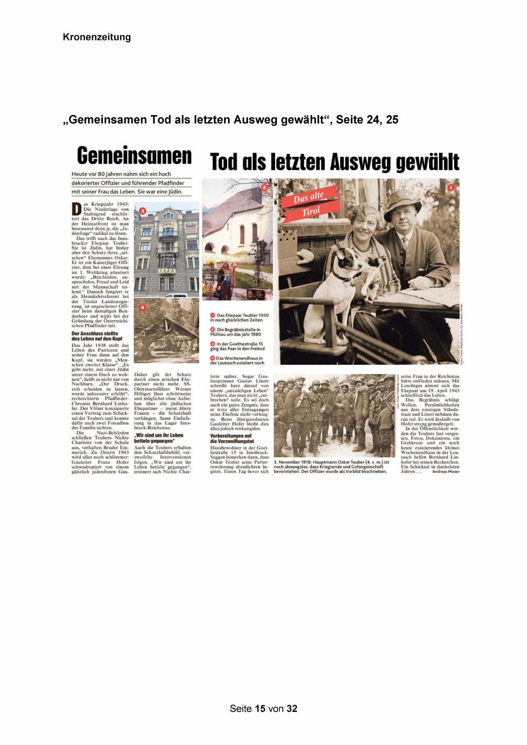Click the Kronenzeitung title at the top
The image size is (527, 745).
coord(97,37)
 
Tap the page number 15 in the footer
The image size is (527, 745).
coord(261,708)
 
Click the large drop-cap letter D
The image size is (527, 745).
coord(76,210)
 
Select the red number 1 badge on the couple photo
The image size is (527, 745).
coord(451,187)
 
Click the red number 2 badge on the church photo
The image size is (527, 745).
coord(264,187)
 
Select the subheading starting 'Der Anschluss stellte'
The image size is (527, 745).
coord(95,336)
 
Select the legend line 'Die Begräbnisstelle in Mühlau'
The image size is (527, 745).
coord(238,332)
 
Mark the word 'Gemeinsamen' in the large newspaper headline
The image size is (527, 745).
coord(134,156)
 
